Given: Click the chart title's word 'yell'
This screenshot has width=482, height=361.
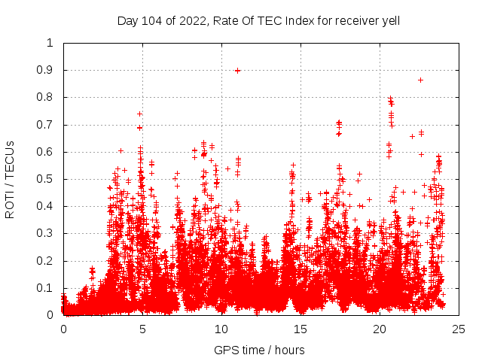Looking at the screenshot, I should (389, 20).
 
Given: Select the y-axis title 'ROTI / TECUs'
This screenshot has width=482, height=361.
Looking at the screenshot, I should (10, 179).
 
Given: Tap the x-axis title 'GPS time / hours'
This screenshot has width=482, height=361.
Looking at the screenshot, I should (259, 350).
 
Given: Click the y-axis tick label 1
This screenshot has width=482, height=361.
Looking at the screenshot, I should (50, 43).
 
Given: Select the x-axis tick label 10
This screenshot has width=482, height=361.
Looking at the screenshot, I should (221, 329).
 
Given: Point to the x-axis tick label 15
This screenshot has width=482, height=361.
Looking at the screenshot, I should (300, 329).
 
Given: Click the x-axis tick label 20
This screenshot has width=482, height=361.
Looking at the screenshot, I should (380, 329).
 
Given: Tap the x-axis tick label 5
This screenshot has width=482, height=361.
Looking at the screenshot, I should (142, 329).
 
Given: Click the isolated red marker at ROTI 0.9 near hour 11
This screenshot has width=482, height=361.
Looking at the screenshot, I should (238, 71).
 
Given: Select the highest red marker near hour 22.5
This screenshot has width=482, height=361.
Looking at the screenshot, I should (420, 80).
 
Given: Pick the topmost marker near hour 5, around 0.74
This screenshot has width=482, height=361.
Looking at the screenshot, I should (139, 114).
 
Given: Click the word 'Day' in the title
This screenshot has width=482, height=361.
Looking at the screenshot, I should (128, 20).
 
